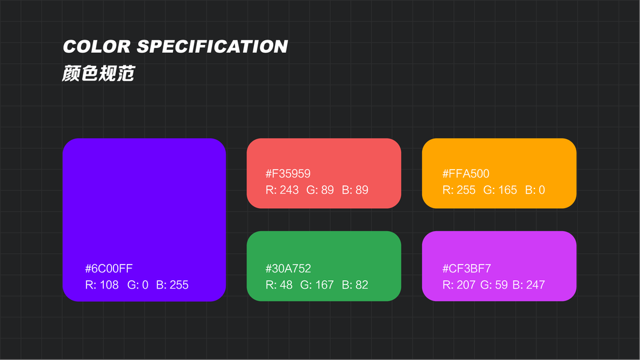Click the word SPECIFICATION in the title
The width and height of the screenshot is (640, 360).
213,47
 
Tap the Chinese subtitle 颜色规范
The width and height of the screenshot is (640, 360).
98,74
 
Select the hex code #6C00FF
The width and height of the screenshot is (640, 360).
109,268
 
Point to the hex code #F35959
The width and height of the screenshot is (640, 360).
288,174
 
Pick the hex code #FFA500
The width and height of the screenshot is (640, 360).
466,174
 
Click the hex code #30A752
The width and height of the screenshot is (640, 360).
288,269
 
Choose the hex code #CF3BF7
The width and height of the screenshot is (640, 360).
466,269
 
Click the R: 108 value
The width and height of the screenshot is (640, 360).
102,285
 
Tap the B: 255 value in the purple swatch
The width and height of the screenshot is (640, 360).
172,285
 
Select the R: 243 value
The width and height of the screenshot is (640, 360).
282,190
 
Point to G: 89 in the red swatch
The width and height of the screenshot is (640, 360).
320,190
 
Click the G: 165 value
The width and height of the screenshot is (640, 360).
500,190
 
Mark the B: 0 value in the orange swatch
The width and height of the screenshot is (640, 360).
535,190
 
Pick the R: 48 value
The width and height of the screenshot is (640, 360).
279,285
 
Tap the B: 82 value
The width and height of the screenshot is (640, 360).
355,285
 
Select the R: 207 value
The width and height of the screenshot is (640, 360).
459,285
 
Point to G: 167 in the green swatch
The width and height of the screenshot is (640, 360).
317,285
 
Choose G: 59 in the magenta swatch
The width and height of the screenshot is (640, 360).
494,285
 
